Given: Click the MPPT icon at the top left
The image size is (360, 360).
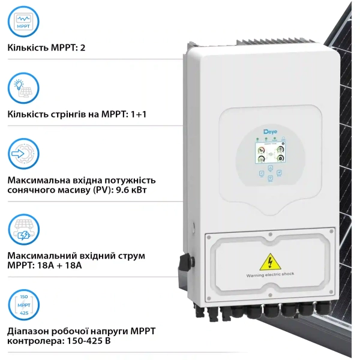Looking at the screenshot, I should point(24,23).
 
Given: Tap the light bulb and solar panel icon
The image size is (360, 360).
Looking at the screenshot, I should point(24,89).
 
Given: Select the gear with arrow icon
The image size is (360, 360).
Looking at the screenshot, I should point(24,155).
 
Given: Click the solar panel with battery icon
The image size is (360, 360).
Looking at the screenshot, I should point(24,230).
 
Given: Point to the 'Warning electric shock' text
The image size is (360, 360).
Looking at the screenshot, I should point(270,274).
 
